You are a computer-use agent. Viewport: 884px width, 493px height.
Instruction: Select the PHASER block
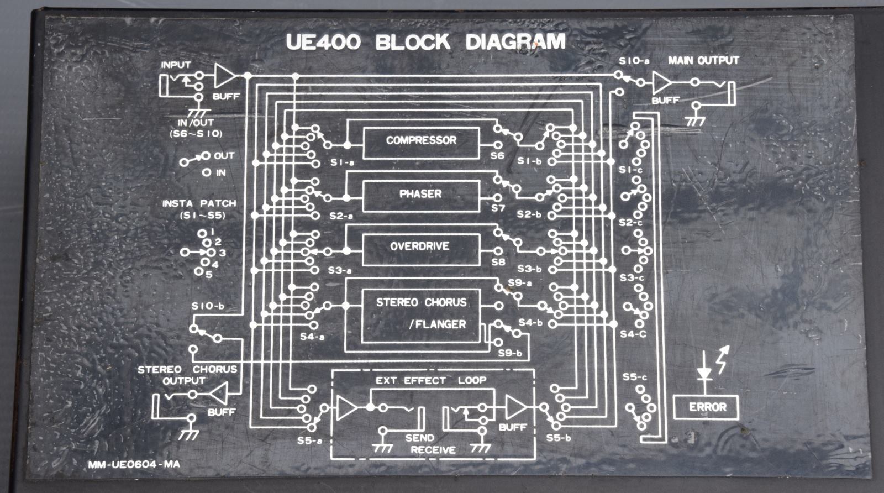tap(421, 195)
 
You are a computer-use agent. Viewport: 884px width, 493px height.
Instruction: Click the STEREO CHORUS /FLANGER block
tap(421, 314)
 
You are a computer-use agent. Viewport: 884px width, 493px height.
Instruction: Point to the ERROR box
tap(707, 408)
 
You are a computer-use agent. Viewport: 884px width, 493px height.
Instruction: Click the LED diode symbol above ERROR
tap(704, 373)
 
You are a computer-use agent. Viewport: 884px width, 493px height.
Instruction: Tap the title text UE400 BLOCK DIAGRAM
tap(425, 43)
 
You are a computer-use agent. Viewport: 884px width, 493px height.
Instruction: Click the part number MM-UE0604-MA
tap(134, 465)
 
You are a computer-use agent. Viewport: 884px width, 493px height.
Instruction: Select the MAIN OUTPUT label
tap(703, 60)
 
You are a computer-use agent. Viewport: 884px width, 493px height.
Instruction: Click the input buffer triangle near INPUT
tap(224, 75)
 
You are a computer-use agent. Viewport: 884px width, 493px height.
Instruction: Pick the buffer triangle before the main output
tap(662, 83)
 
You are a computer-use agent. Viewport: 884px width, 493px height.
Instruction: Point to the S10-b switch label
tap(208, 306)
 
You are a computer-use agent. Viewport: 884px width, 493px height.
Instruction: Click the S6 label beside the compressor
tap(497, 156)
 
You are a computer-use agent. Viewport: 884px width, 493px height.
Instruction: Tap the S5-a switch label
tap(309, 441)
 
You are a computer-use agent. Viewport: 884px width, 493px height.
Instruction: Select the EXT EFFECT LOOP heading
tap(431, 380)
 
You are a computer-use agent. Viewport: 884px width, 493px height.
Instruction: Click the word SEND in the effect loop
tap(419, 438)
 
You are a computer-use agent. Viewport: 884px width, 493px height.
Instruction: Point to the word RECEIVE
tap(433, 450)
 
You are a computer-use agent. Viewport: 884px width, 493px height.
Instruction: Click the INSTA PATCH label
tap(199, 203)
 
